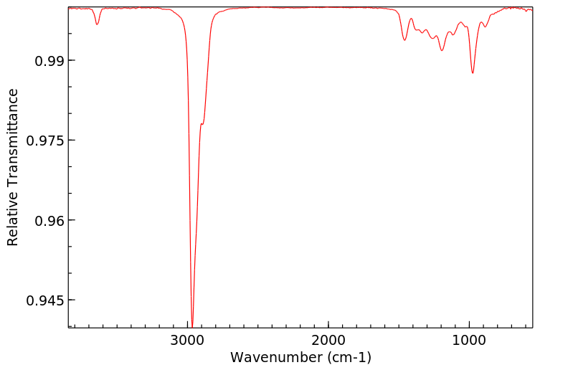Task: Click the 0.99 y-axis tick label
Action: pyautogui.click(x=49, y=61)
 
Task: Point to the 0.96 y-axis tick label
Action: pyautogui.click(x=49, y=220)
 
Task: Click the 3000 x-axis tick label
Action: pyautogui.click(x=189, y=340)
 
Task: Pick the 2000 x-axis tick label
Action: pyautogui.click(x=328, y=340)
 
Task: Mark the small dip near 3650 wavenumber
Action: pyautogui.click(x=98, y=24)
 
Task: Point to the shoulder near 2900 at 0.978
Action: pyautogui.click(x=202, y=124)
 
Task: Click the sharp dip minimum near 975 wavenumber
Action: pyautogui.click(x=473, y=73)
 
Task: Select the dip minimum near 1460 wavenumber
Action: pyautogui.click(x=404, y=40)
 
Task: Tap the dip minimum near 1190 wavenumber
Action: pyautogui.click(x=442, y=50)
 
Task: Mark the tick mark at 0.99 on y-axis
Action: pyautogui.click(x=70, y=60)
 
